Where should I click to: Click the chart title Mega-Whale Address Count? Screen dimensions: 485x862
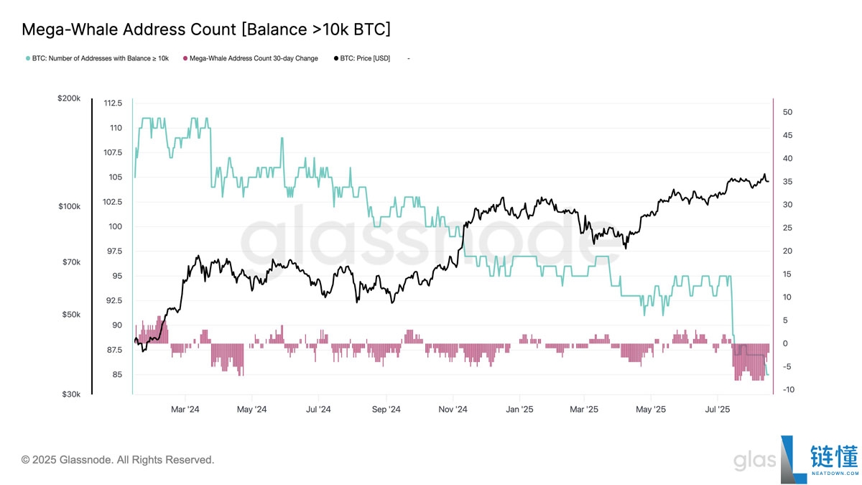[x=206, y=29]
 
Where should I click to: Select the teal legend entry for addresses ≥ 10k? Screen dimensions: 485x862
[x=97, y=58]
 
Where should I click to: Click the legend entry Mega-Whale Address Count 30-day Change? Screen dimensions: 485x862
[x=251, y=58]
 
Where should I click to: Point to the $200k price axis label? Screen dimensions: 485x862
[x=70, y=98]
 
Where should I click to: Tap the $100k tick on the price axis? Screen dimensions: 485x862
[x=70, y=207]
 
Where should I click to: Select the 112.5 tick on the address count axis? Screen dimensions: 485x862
[x=112, y=103]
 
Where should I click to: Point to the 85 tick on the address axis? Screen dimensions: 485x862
[x=116, y=375]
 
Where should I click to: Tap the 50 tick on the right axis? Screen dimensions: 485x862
[x=787, y=113]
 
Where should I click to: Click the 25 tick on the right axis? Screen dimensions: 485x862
[x=787, y=228]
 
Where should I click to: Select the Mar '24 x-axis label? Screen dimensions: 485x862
[x=185, y=410]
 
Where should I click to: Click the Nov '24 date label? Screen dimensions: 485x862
[x=453, y=410]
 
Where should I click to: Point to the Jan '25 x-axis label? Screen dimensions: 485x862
[x=519, y=410]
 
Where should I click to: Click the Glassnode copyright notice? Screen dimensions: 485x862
[x=118, y=460]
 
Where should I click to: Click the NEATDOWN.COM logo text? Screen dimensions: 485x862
[x=833, y=474]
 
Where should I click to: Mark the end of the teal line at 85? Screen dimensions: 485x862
[x=768, y=374]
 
